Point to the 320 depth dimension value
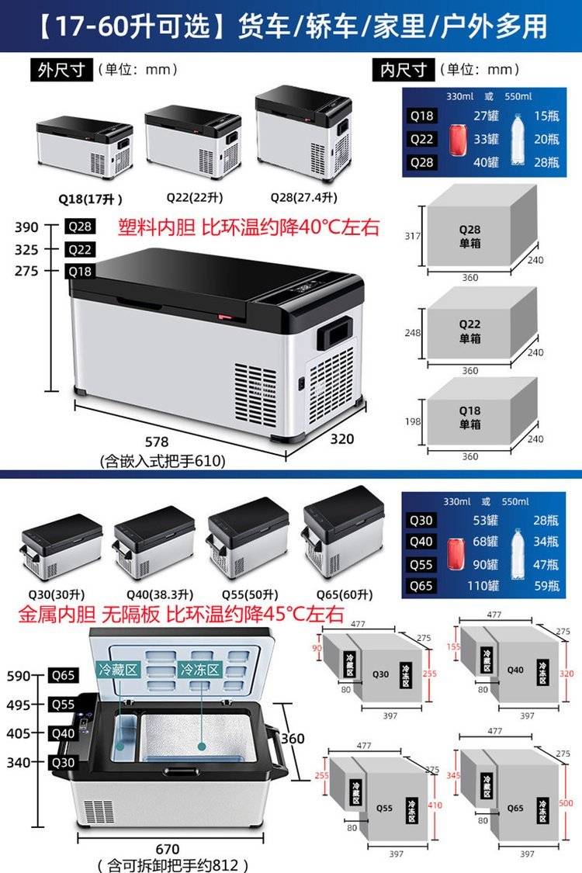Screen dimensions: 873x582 [x=342, y=439]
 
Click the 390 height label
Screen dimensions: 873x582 [x=26, y=227]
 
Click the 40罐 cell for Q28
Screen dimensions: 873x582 [x=485, y=162]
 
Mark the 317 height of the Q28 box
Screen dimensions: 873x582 [x=413, y=236]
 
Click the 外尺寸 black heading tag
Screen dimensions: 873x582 [x=60, y=70]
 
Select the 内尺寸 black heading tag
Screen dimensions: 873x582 [x=404, y=70]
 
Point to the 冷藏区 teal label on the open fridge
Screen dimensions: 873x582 [x=118, y=669]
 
